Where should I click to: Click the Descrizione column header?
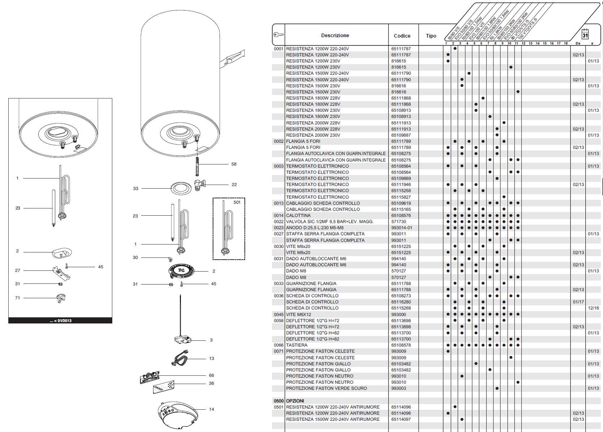click(335, 35)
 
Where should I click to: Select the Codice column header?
click(402, 36)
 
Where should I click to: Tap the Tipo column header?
click(431, 36)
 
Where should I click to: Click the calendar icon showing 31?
click(585, 34)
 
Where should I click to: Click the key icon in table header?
click(278, 35)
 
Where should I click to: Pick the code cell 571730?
click(399, 221)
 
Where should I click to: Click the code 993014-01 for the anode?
click(402, 228)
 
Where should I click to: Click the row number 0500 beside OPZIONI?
click(278, 401)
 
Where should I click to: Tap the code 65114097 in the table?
click(401, 419)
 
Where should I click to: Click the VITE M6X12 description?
click(299, 314)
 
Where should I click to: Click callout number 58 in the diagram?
click(234, 164)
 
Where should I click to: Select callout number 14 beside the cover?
click(212, 409)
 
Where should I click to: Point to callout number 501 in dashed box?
click(237, 202)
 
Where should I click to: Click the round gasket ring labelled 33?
click(181, 188)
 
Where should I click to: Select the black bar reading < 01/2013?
click(60, 321)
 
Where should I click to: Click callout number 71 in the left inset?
click(17, 298)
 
